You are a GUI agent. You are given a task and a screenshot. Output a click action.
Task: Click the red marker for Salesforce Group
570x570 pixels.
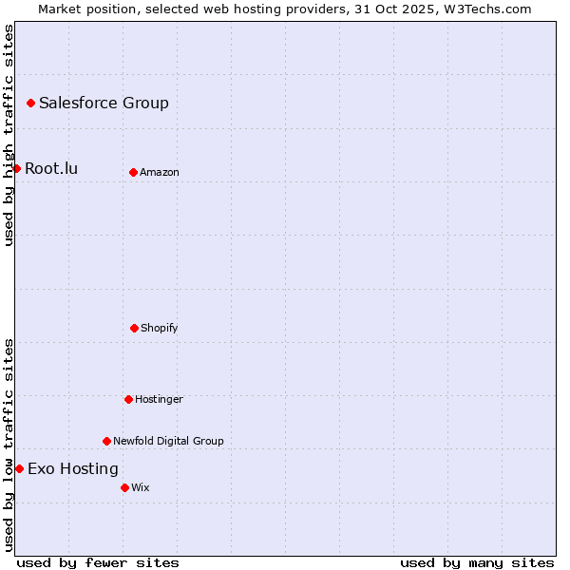(x=30, y=103)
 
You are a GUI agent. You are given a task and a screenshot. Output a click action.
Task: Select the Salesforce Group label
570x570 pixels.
(x=104, y=103)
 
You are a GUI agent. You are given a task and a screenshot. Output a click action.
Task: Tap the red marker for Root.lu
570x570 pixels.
(x=16, y=168)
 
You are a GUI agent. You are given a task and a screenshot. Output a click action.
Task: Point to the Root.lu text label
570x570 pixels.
(x=51, y=168)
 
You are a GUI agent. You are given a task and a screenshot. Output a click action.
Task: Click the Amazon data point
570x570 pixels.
(x=133, y=172)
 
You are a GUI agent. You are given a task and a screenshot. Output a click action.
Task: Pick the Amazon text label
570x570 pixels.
(x=160, y=172)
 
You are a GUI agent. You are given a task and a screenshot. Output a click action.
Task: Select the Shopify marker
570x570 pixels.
(x=134, y=328)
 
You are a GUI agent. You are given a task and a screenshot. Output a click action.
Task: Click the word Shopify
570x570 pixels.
(x=160, y=328)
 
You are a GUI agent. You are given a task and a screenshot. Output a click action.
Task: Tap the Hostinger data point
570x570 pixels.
(x=128, y=399)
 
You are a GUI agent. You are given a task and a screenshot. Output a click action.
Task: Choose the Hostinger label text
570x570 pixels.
(x=159, y=399)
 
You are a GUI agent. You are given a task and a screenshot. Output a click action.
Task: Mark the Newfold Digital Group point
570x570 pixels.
(x=106, y=441)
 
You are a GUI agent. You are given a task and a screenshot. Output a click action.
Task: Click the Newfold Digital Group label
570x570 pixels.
(x=168, y=441)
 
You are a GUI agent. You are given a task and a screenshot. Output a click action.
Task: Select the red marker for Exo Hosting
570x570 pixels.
(x=19, y=468)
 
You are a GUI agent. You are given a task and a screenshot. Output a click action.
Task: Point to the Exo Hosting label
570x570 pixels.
(x=73, y=468)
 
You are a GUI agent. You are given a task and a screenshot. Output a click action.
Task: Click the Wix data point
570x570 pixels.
(x=124, y=487)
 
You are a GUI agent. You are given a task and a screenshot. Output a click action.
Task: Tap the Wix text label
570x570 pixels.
(x=141, y=487)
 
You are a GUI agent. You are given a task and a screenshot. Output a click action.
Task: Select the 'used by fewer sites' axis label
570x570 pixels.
(x=98, y=562)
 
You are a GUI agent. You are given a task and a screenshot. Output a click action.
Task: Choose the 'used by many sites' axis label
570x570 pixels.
(x=477, y=562)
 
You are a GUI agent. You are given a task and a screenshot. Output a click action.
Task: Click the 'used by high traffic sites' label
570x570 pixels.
(x=9, y=135)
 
